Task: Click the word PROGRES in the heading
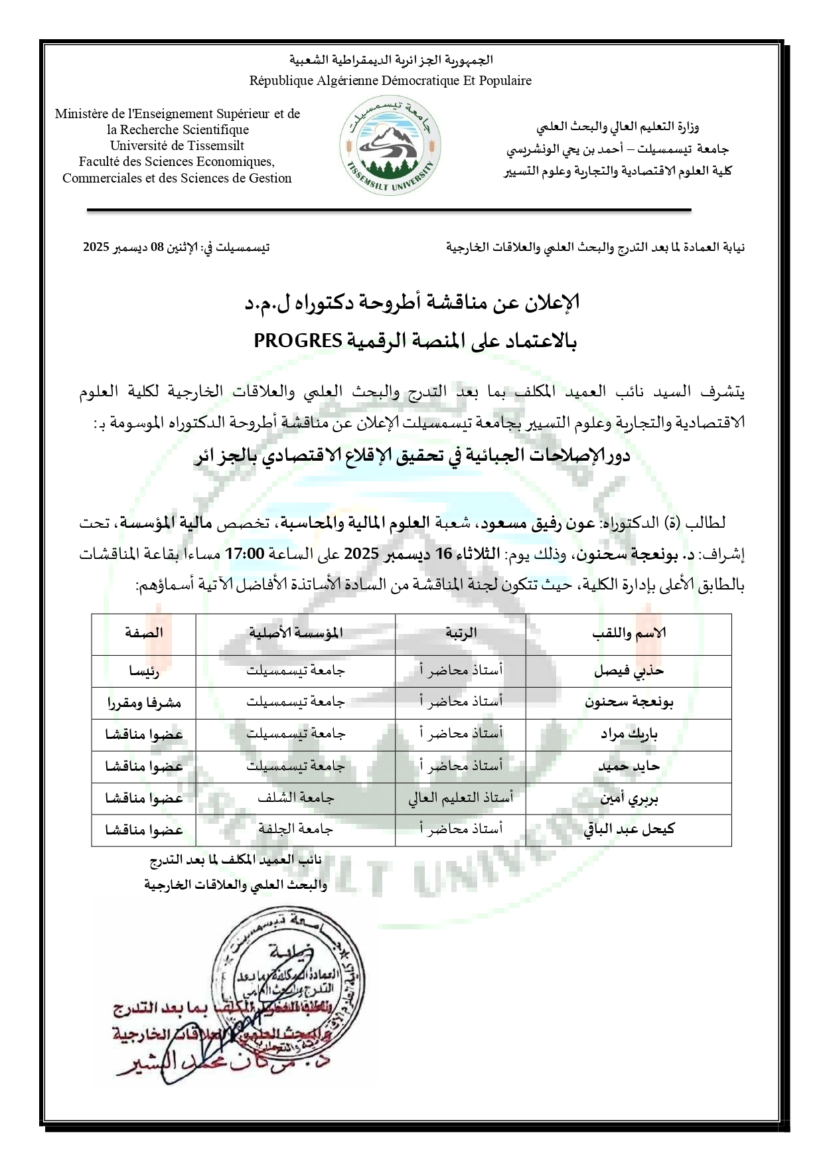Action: pos(299,341)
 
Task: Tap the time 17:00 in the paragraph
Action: pos(246,553)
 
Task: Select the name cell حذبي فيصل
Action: pos(628,670)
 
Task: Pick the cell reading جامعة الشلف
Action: pos(295,798)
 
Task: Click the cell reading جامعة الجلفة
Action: pos(295,829)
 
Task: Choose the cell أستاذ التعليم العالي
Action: pos(461,798)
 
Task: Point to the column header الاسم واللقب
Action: pos(628,633)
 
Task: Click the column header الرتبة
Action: pos(461,633)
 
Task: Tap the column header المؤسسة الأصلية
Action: pos(295,633)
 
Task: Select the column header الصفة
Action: pos(144,633)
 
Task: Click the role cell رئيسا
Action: pos(144,671)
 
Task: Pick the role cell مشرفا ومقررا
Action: pos(144,702)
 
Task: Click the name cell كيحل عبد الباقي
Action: pos(628,829)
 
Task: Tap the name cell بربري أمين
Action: pos(628,798)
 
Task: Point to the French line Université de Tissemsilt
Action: pos(177,145)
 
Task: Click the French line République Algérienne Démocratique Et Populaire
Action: pos(390,81)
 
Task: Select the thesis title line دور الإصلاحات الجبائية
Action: pos(411,457)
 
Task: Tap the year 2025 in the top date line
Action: pos(97,248)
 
